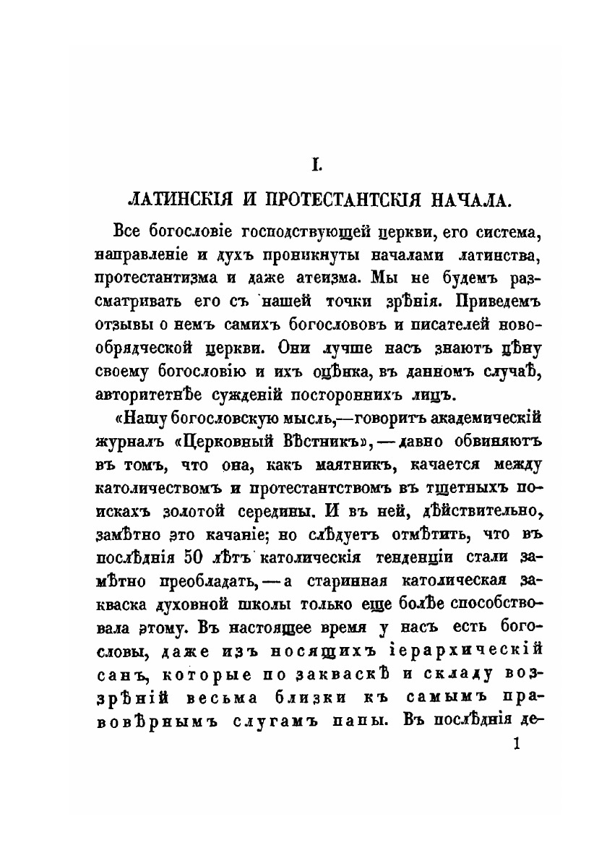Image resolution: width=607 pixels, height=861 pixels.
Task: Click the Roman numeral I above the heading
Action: [316, 166]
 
